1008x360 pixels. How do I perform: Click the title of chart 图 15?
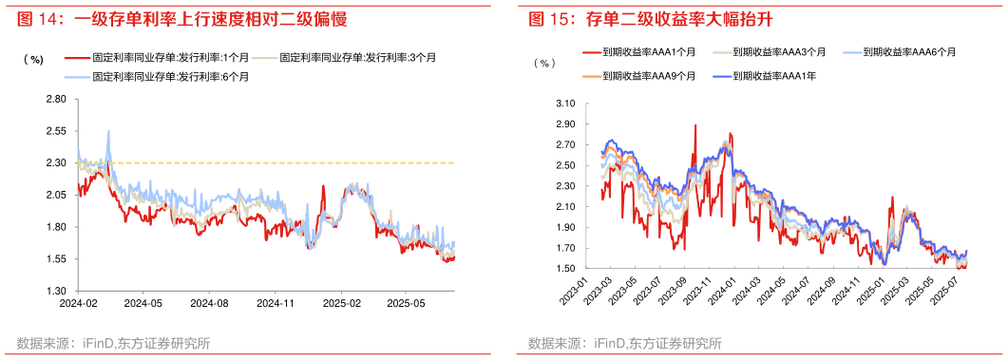click(640, 18)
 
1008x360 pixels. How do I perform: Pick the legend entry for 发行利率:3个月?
click(361, 58)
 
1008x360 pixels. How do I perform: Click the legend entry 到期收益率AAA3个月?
click(779, 52)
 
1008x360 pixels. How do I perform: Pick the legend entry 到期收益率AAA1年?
click(774, 74)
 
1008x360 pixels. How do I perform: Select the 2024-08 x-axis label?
click(209, 304)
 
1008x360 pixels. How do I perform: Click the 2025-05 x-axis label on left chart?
click(405, 304)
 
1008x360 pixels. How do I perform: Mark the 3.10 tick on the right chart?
click(565, 103)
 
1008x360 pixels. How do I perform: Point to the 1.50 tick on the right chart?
click(565, 269)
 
